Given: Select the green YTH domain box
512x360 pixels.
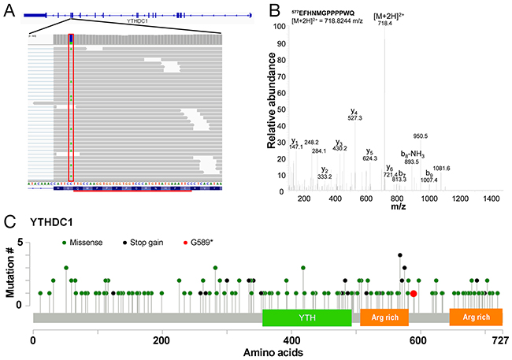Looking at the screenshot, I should click(306, 317).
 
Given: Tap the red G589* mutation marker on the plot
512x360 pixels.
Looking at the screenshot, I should click(414, 293).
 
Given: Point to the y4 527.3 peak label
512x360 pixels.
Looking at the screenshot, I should click(355, 117).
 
